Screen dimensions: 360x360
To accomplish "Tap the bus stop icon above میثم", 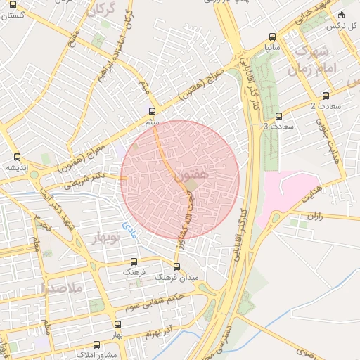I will (153, 111).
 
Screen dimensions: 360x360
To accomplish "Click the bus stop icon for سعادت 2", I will (325, 96).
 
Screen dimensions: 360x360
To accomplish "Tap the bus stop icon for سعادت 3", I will (278, 116).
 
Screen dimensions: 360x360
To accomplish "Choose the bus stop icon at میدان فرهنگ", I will (176, 266).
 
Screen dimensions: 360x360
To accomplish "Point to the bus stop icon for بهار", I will (117, 324).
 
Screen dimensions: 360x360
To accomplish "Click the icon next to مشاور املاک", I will (97, 345).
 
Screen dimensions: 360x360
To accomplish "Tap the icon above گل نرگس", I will (342, 15).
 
